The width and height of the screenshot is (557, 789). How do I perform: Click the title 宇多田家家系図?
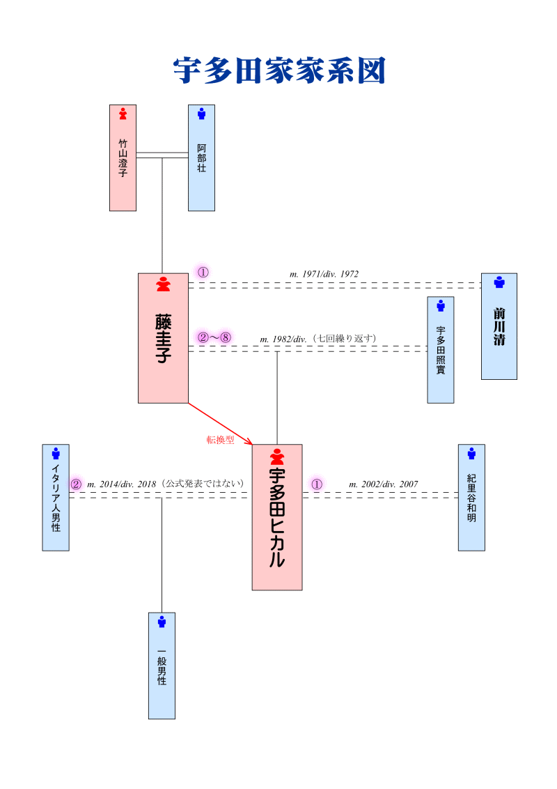278,70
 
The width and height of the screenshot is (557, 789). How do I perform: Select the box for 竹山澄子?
123,158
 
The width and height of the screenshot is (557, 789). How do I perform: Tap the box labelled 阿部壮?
201,158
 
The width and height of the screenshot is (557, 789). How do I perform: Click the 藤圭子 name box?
163,338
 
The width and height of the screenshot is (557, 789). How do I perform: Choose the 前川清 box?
499,326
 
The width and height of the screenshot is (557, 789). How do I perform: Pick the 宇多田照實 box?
440,350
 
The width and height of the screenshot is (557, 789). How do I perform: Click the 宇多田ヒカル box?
277,517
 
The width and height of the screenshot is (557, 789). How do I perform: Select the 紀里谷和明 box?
471,498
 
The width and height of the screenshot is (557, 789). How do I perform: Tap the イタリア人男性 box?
56,498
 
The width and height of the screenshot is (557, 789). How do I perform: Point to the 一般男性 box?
162,666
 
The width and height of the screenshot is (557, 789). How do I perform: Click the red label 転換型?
220,440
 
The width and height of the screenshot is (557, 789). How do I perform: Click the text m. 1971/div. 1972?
324,274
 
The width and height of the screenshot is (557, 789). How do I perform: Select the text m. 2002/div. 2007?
383,484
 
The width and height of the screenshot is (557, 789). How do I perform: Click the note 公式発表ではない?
202,484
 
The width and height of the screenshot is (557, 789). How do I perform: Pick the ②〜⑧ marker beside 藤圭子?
214,337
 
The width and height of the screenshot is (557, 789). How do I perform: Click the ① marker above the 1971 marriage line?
203,273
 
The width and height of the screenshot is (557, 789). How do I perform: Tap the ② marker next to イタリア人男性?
76,484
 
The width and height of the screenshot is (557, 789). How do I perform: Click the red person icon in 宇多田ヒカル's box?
277,457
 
